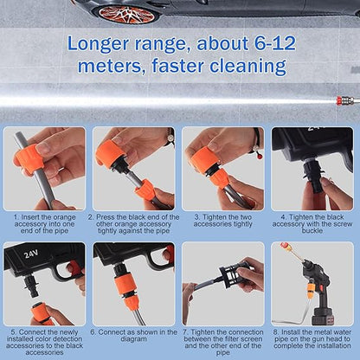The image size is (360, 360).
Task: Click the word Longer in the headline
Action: [98, 44]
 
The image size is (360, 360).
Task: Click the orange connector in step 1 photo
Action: [28, 159]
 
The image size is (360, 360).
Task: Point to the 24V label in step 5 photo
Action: [30, 254]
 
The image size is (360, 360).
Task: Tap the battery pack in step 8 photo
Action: [324, 316]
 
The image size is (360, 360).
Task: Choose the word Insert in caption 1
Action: [33, 217]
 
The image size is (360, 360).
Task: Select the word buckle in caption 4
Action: [312, 231]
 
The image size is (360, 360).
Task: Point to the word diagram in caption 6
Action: [133, 339]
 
